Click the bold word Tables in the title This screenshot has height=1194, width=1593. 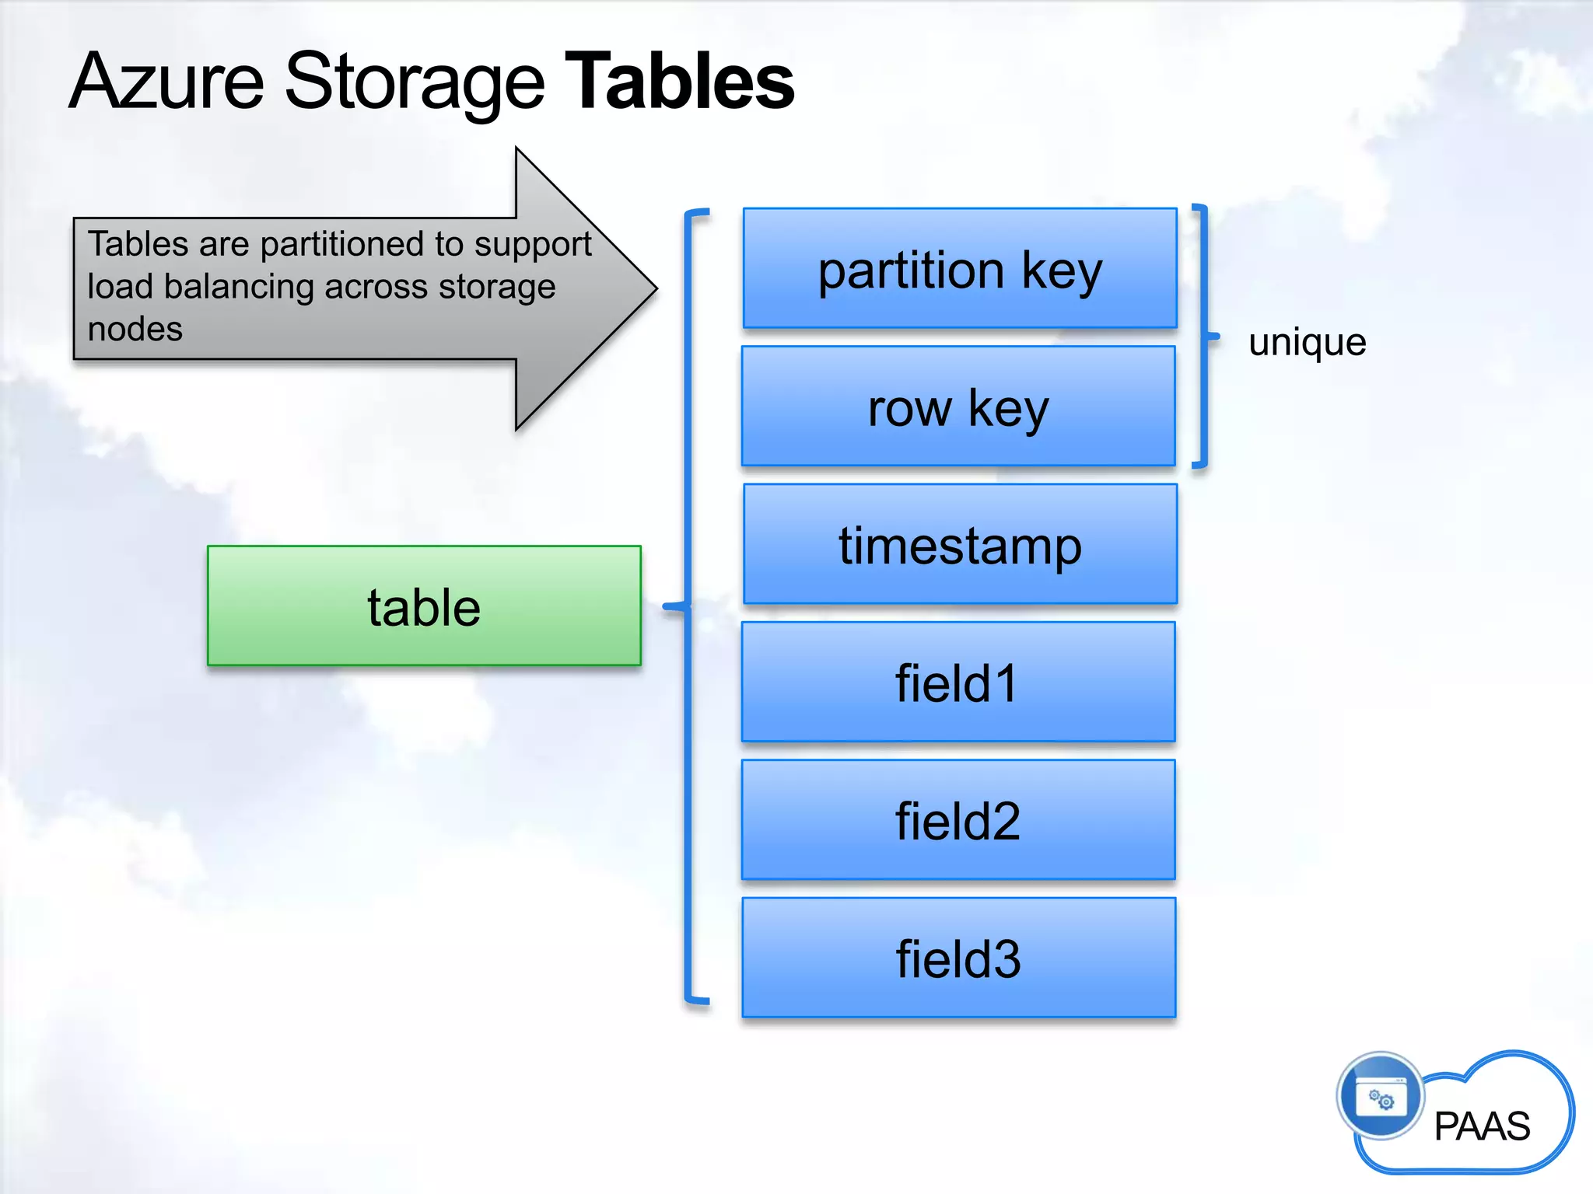click(679, 81)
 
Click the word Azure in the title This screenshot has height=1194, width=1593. click(167, 81)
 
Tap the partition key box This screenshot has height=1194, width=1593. click(959, 268)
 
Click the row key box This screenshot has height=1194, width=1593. click(958, 407)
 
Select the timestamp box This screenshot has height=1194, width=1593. click(960, 544)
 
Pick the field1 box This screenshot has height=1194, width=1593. click(958, 682)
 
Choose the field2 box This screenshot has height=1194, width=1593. click(958, 819)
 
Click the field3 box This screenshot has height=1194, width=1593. click(958, 957)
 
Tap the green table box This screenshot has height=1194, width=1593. click(424, 606)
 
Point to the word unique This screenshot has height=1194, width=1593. click(1307, 342)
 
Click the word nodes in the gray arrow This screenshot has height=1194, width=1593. click(135, 329)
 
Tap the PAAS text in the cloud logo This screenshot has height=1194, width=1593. click(1482, 1126)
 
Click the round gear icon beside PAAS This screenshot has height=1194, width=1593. click(1381, 1097)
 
